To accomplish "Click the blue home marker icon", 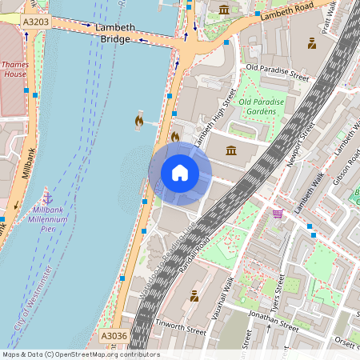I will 179,173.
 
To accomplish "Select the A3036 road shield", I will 114,337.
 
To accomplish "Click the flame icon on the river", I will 138,121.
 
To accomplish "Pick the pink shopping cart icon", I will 278,214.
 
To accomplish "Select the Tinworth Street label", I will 181,328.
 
